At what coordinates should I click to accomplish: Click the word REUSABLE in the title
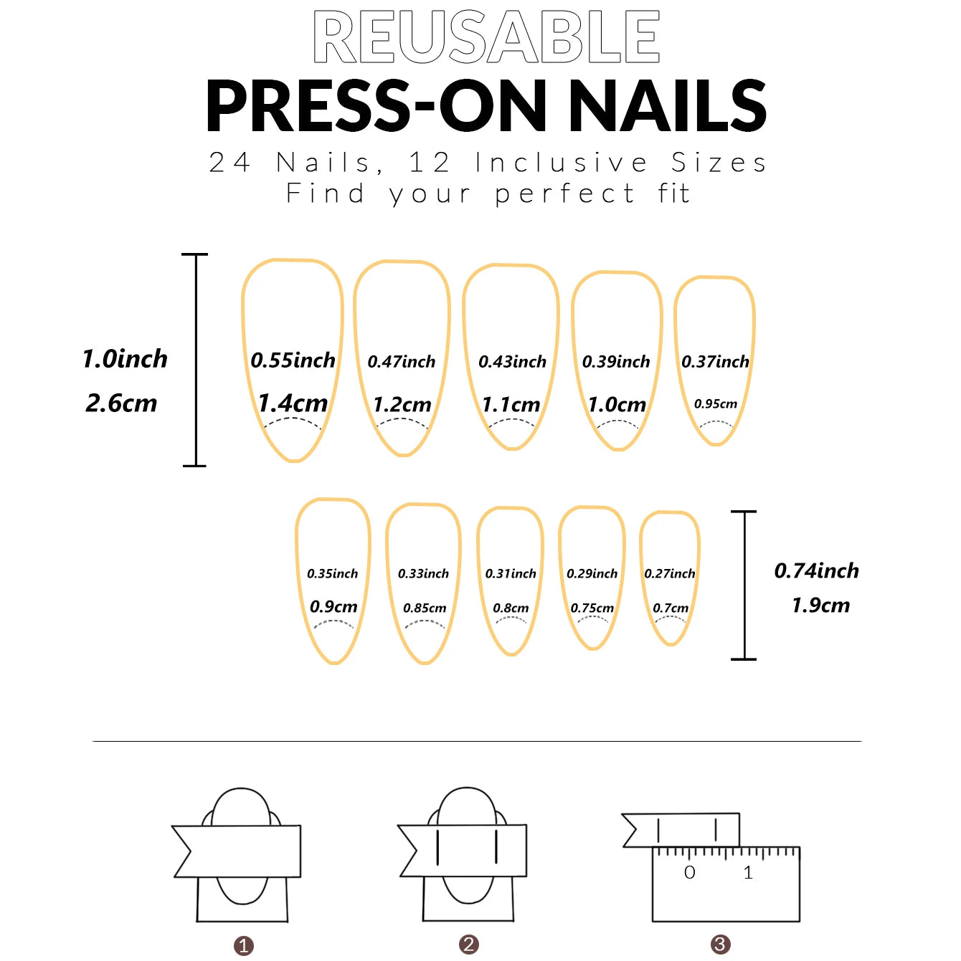(x=486, y=37)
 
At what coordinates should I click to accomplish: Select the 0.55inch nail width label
(x=293, y=360)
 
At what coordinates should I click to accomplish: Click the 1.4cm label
(x=293, y=403)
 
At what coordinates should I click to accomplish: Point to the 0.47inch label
(x=402, y=362)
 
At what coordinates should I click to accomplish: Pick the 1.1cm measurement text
(x=511, y=405)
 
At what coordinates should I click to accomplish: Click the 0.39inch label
(x=616, y=362)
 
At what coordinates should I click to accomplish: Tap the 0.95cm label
(x=715, y=404)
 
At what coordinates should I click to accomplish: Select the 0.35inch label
(x=332, y=574)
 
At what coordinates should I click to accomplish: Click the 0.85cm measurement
(x=425, y=608)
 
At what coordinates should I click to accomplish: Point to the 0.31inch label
(x=511, y=574)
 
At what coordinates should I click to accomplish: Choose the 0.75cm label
(x=592, y=608)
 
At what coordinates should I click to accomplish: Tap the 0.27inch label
(x=670, y=574)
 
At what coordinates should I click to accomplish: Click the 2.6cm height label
(x=121, y=403)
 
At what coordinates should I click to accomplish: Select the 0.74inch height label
(x=816, y=571)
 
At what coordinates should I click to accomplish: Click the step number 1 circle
(x=244, y=946)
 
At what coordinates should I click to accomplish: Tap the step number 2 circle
(x=469, y=945)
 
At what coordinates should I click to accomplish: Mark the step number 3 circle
(x=720, y=945)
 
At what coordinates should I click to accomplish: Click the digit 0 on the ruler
(x=689, y=873)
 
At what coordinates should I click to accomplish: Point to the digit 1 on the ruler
(x=748, y=873)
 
